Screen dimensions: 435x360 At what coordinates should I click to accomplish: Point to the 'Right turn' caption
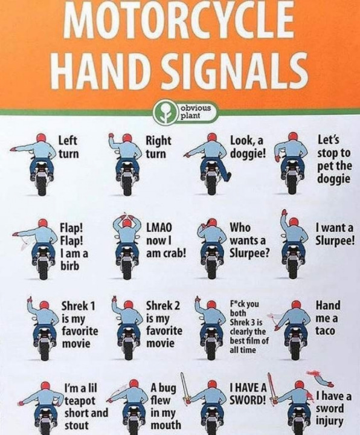[x=159, y=147]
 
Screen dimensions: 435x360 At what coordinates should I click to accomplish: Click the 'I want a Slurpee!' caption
[x=334, y=234]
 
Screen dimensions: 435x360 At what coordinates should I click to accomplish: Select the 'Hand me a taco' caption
[x=328, y=318]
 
